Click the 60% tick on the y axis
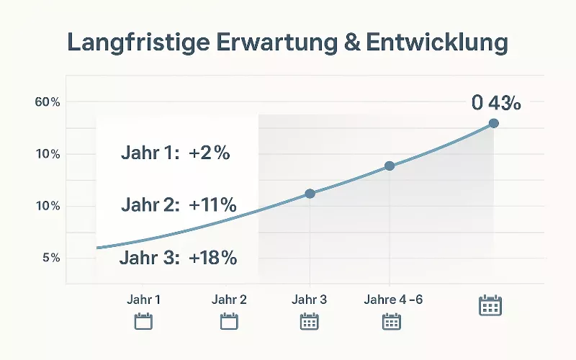[x=47, y=102]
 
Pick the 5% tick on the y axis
[x=50, y=258]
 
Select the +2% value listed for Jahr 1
[x=210, y=153]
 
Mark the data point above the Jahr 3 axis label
[x=310, y=194]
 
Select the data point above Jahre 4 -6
[x=390, y=166]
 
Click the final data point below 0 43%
[x=493, y=123]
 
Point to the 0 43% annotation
[x=496, y=103]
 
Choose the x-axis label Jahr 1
[x=144, y=300]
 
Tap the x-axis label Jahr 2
[x=229, y=300]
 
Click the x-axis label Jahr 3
[x=310, y=300]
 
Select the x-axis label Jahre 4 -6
[x=393, y=300]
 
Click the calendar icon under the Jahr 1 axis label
[x=144, y=321]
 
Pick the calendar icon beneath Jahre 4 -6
[x=391, y=321]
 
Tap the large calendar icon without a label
[x=490, y=305]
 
